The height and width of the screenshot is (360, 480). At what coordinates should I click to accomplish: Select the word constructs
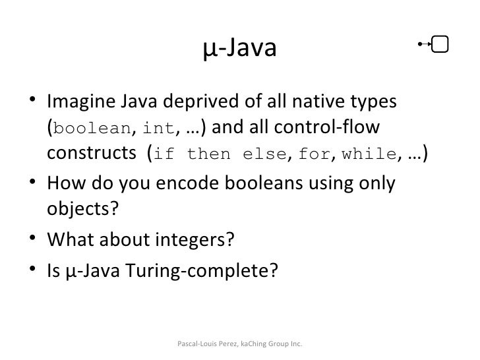tap(89, 154)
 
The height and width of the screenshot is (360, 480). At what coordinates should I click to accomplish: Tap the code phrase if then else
tap(222, 155)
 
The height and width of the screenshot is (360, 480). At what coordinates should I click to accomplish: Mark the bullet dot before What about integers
tap(32, 239)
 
